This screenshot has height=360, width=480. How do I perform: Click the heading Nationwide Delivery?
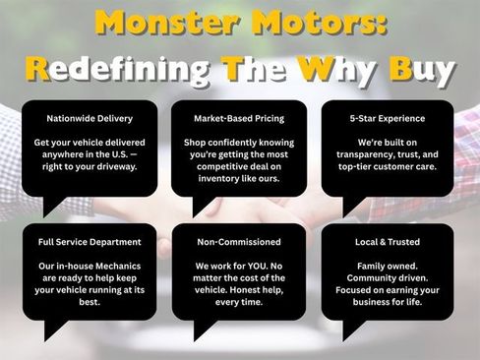coord(90,118)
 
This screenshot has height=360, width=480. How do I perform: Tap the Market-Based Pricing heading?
coord(239,118)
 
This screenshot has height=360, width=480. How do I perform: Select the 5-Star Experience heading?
coord(388,118)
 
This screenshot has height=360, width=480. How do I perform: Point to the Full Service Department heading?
coord(90,242)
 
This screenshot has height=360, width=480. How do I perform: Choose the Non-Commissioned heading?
coord(239,242)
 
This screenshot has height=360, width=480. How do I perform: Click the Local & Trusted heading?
coord(388,242)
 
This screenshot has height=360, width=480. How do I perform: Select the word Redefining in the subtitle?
coord(117,71)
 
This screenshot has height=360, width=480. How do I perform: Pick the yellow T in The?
coord(233,69)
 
